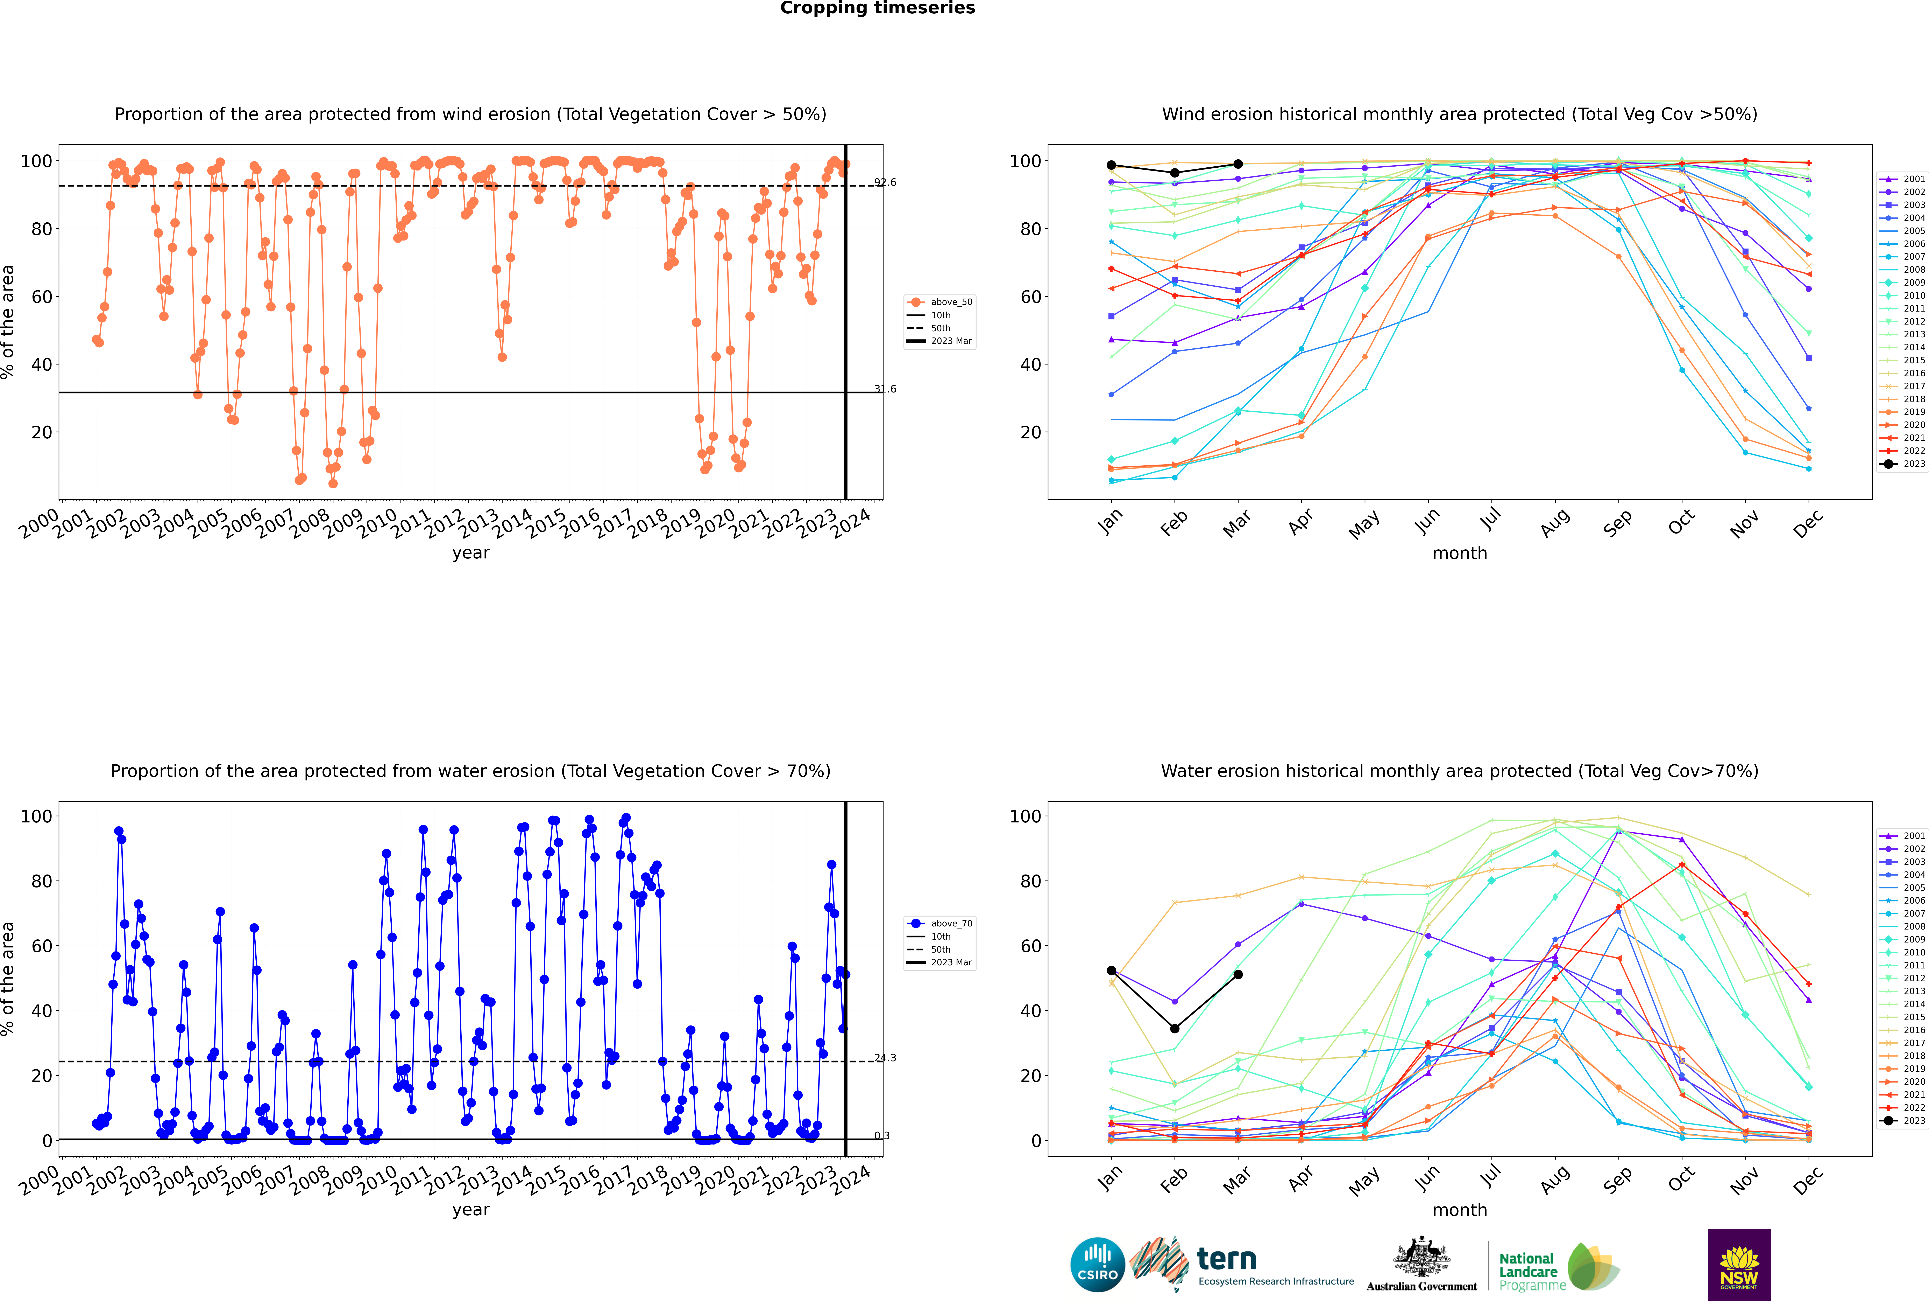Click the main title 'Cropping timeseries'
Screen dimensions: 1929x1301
pos(877,8)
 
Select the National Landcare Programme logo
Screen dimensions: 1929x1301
pos(1559,1267)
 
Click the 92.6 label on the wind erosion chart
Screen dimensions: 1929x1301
pos(885,182)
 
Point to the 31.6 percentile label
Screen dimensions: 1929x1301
pos(885,389)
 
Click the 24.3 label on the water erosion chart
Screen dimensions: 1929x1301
pos(885,1058)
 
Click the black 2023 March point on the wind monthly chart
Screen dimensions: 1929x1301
pos(1238,164)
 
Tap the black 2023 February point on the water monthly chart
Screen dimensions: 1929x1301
pos(1174,1029)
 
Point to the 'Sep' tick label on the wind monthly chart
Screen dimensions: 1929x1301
pos(1617,523)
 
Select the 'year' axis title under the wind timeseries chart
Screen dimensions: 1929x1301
pos(471,554)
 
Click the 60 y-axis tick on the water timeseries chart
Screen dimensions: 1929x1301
pos(41,946)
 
